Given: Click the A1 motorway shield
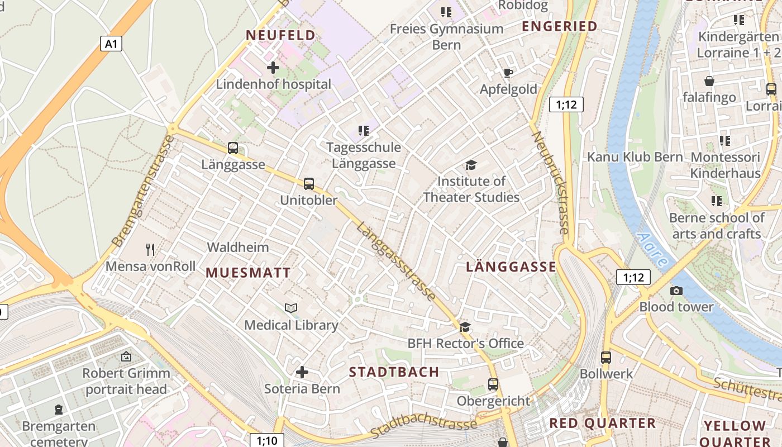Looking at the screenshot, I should point(111,44).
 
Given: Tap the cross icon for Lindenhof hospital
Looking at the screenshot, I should point(273,68).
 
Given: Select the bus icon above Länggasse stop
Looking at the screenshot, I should point(233,148).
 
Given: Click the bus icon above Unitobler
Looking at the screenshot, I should point(308,183).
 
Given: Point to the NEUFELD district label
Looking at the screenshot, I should point(281,35).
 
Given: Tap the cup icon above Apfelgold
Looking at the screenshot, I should point(508,73).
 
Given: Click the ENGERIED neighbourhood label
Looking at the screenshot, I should point(559,26).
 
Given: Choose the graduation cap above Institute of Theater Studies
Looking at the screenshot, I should point(471,165).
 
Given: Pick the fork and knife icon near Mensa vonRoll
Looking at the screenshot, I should point(150,249).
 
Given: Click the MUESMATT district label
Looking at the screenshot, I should point(249,273).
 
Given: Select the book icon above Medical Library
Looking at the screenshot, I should point(291,308).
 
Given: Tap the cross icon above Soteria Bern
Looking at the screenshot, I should point(302,372).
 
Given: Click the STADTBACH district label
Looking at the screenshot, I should point(394,372).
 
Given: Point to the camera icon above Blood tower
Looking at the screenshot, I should point(676,291).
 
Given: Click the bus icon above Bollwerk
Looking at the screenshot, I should point(606,357).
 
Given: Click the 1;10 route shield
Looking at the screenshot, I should point(266,440).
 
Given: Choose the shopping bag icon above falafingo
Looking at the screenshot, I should point(709,81).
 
